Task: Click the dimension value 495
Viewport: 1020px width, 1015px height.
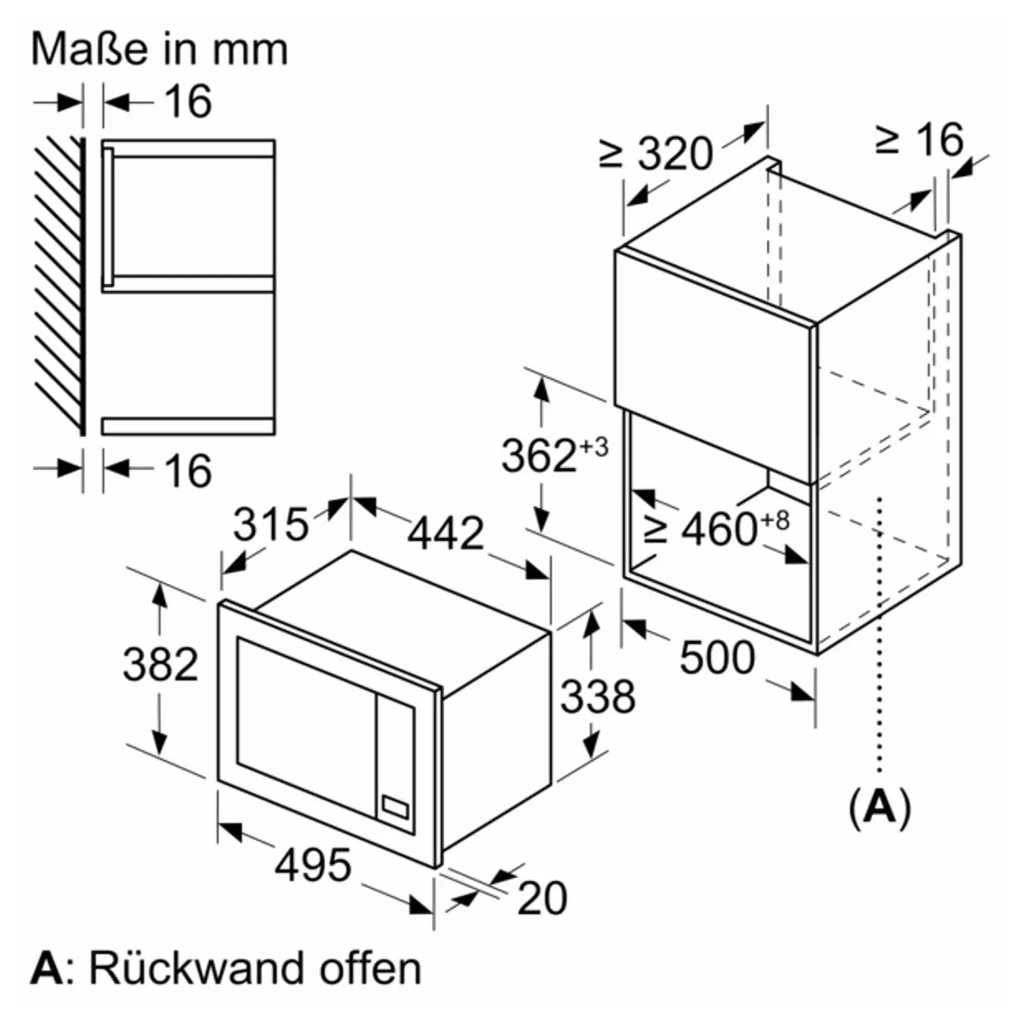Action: point(313,865)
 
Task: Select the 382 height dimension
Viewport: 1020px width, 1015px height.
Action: point(160,664)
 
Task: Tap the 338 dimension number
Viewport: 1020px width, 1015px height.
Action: point(598,696)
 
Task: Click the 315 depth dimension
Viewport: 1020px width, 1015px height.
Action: point(271,525)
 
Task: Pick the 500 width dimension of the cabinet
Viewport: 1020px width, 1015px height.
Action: point(717,658)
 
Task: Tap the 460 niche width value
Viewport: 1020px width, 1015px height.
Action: point(719,529)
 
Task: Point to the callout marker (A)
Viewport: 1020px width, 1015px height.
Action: point(880,808)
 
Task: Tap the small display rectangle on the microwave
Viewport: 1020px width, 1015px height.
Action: point(396,807)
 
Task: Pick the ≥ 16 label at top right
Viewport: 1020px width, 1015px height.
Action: point(919,139)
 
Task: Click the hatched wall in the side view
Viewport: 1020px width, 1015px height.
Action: point(60,286)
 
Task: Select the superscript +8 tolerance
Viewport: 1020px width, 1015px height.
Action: point(775,520)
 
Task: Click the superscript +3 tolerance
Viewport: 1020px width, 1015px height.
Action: point(594,448)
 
